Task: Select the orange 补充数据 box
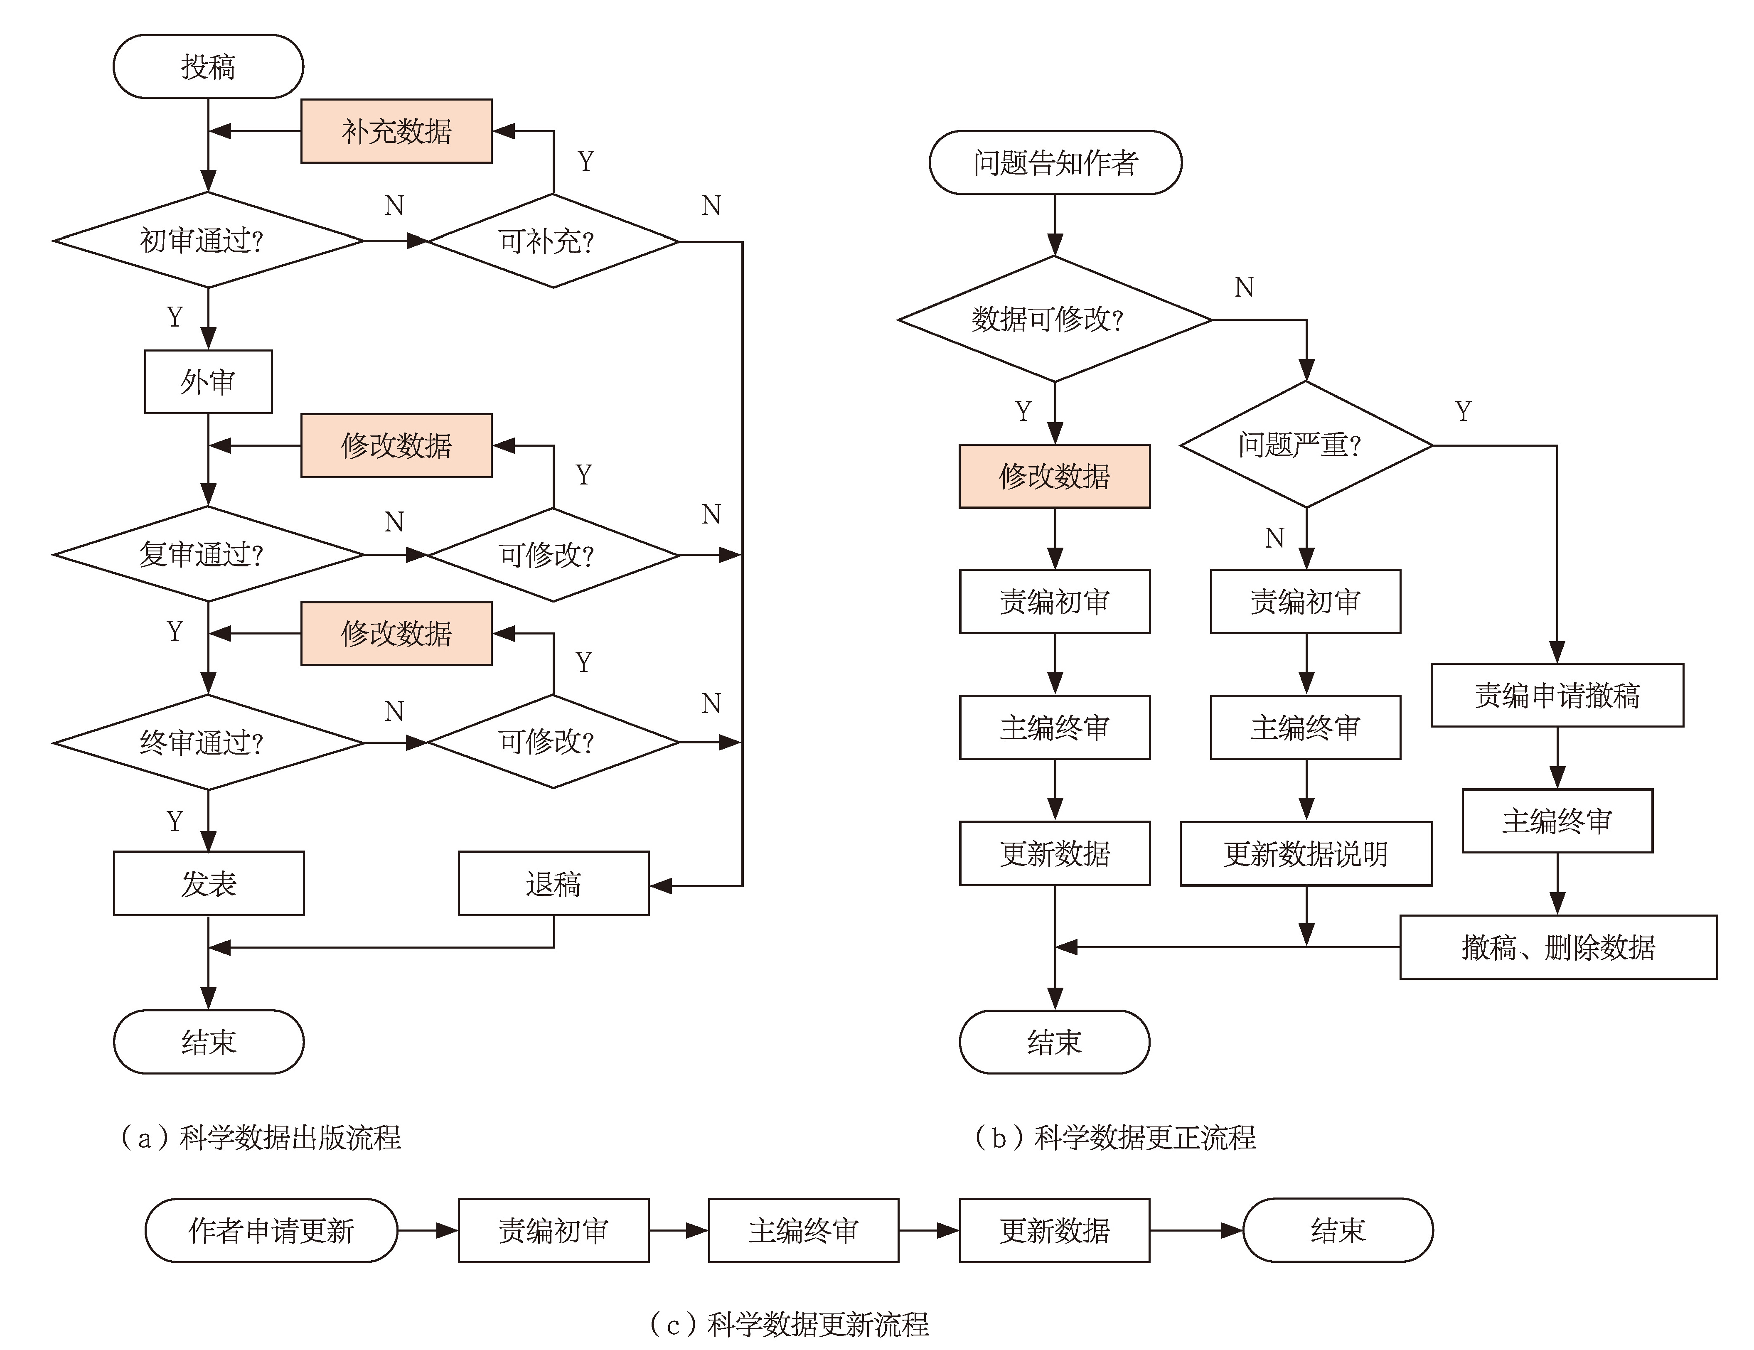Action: point(396,131)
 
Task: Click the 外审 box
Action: point(208,381)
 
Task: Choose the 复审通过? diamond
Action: point(208,554)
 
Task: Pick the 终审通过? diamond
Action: point(208,742)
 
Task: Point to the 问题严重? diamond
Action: point(1306,444)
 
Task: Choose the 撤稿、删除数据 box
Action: point(1558,947)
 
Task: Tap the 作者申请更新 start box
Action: point(271,1230)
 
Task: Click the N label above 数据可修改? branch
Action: point(1244,287)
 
